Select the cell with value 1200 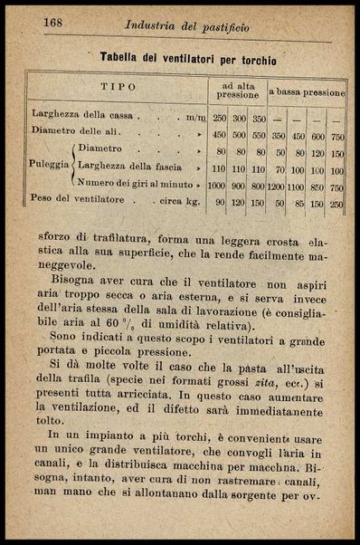[276, 186]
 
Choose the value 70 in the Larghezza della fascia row [277, 169]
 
